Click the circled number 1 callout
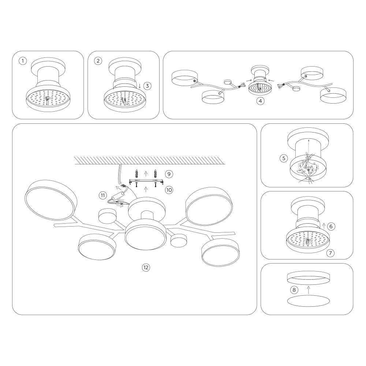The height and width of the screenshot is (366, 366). coord(23,61)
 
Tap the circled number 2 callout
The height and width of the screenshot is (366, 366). coord(98,61)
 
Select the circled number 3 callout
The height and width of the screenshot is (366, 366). coord(147,86)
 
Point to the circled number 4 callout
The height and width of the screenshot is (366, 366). coord(260,101)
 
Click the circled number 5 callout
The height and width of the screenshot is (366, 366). coord(284,158)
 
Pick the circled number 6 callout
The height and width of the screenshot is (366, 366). coord(331,226)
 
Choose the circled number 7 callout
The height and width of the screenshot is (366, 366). coord(330,253)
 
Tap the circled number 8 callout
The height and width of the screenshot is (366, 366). coord(294,290)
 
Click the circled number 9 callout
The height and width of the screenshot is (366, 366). coord(169,174)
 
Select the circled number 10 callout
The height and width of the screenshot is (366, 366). coord(169,190)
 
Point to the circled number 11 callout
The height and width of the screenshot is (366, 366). coord(103,195)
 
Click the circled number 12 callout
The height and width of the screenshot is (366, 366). coord(146,267)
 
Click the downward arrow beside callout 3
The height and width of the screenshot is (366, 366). coord(139,86)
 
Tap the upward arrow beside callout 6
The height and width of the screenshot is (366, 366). coord(324,226)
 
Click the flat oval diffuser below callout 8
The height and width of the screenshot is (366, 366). coord(308,301)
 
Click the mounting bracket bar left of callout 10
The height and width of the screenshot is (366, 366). coord(146,181)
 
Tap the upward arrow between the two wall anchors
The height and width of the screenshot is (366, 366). coord(146,173)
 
